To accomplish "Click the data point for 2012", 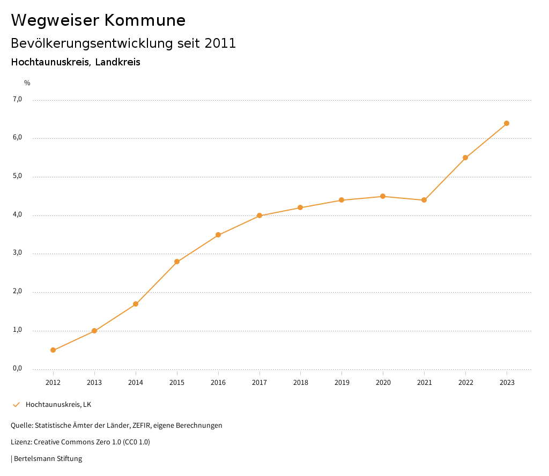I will (53, 350).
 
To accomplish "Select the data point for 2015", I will (177, 262).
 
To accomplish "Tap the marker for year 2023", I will (507, 123).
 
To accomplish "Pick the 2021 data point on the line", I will (424, 200).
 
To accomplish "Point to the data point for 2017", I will (259, 215).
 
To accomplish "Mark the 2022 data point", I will (465, 158).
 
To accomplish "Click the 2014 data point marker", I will (136, 304).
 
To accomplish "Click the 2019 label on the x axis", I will (342, 382).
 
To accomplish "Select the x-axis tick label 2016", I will (218, 382).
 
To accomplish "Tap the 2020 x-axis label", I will (383, 382).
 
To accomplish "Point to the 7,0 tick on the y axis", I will (17, 99).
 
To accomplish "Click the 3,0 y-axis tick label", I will (17, 253).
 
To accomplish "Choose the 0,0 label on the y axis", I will (17, 368).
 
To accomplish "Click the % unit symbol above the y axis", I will (27, 83).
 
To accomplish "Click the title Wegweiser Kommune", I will (98, 20).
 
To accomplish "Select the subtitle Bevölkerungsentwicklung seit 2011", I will (123, 43).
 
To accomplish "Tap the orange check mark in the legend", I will (16, 405).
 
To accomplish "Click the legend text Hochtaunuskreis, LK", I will (58, 405).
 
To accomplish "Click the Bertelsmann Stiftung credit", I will (47, 459).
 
